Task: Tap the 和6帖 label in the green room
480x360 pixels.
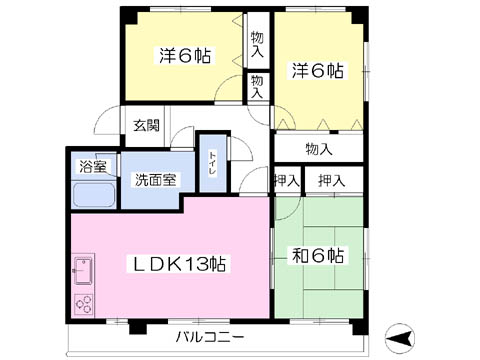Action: (318, 256)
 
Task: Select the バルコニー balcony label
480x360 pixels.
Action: (210, 337)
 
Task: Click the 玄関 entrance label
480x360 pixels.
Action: (146, 125)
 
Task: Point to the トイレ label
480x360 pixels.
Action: (213, 163)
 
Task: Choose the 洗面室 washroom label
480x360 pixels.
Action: (156, 180)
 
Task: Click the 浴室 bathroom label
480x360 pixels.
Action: (93, 167)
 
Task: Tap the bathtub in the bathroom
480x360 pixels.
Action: (94, 195)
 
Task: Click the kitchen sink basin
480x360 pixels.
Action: (83, 271)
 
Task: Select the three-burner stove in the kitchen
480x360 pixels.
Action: (83, 304)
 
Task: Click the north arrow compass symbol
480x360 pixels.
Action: (400, 338)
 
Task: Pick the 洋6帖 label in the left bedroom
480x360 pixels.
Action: (185, 56)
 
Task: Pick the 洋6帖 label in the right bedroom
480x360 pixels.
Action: (318, 71)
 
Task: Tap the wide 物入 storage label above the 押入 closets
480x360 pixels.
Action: (319, 149)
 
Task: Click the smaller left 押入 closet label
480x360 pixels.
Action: (287, 181)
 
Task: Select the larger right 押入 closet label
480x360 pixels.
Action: (331, 181)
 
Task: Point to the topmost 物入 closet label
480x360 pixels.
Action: (257, 44)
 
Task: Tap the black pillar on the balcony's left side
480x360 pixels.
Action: (138, 327)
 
